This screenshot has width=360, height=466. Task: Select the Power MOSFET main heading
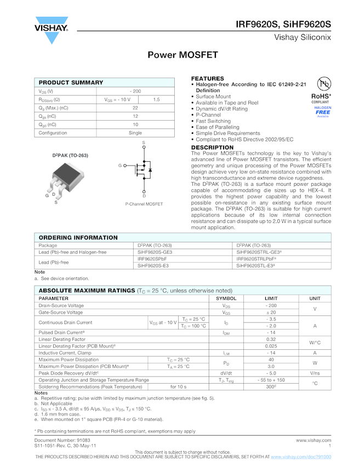pyautogui.click(x=183, y=55)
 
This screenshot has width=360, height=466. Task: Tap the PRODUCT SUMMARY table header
pyautogui.click(x=71, y=82)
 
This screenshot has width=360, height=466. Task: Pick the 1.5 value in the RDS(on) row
pyautogui.click(x=156, y=100)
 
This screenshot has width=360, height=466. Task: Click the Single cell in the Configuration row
pyautogui.click(x=135, y=133)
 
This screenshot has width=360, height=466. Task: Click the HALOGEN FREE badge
pyautogui.click(x=323, y=111)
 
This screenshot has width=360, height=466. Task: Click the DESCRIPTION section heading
pyautogui.click(x=212, y=147)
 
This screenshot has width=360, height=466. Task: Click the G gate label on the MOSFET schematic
pyautogui.click(x=119, y=166)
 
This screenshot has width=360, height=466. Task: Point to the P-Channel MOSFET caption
pyautogui.click(x=144, y=204)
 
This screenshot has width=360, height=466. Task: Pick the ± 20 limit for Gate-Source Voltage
pyautogui.click(x=271, y=312)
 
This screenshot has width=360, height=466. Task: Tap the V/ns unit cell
pyautogui.click(x=315, y=373)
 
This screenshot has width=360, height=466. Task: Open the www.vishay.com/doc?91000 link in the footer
pyautogui.click(x=301, y=457)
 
